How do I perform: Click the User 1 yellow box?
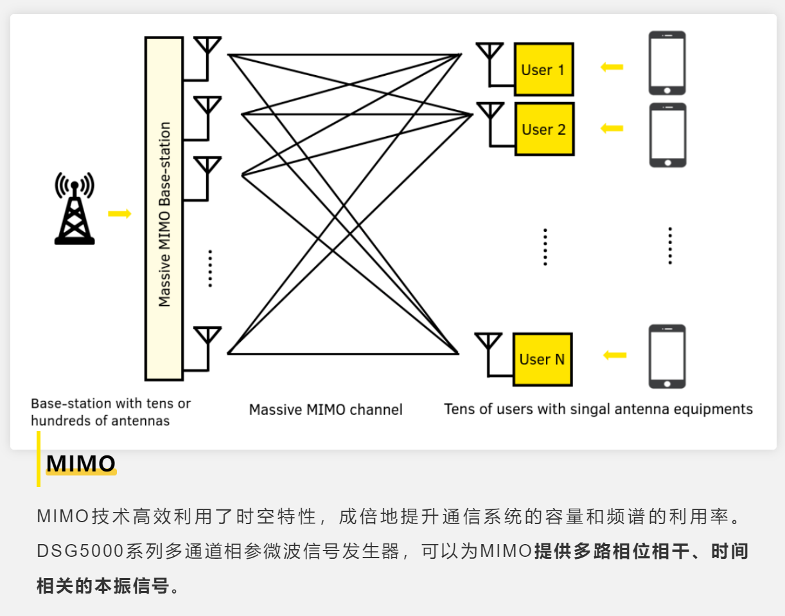[x=543, y=69]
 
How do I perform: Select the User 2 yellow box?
[x=544, y=129]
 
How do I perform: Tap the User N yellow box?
[x=542, y=359]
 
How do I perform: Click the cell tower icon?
[x=75, y=209]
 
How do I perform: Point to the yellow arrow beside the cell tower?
[x=119, y=213]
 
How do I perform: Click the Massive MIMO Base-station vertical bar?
[x=164, y=208]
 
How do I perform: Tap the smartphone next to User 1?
[x=667, y=63]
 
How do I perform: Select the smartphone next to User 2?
[x=667, y=135]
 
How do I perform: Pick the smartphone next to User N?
[x=667, y=356]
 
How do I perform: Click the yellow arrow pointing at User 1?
[x=612, y=67]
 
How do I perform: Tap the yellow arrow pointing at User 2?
[x=612, y=128]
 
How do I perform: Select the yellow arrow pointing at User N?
[x=614, y=355]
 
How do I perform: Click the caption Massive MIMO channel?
[x=326, y=409]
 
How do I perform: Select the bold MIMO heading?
[x=81, y=463]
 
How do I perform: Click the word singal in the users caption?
[x=588, y=409]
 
